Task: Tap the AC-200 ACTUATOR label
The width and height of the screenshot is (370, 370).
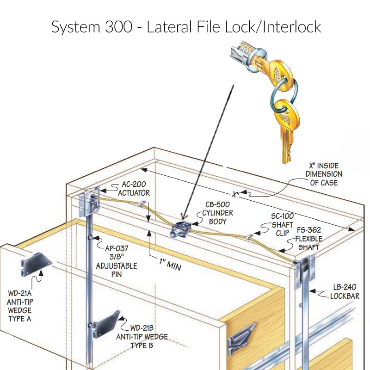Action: [x=134, y=188]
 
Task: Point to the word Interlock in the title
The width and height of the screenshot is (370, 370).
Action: [x=291, y=26]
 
